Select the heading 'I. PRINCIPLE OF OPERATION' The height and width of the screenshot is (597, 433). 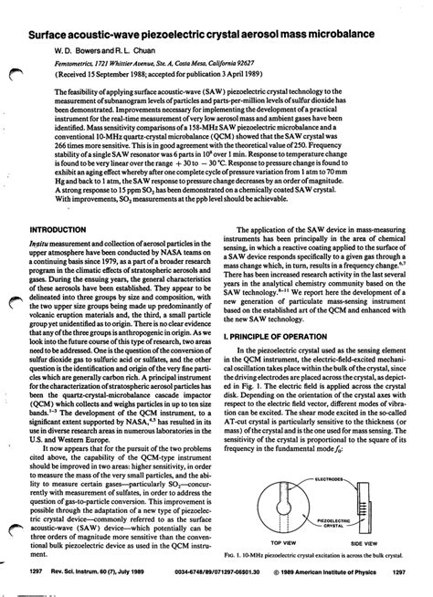[x=280, y=361]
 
